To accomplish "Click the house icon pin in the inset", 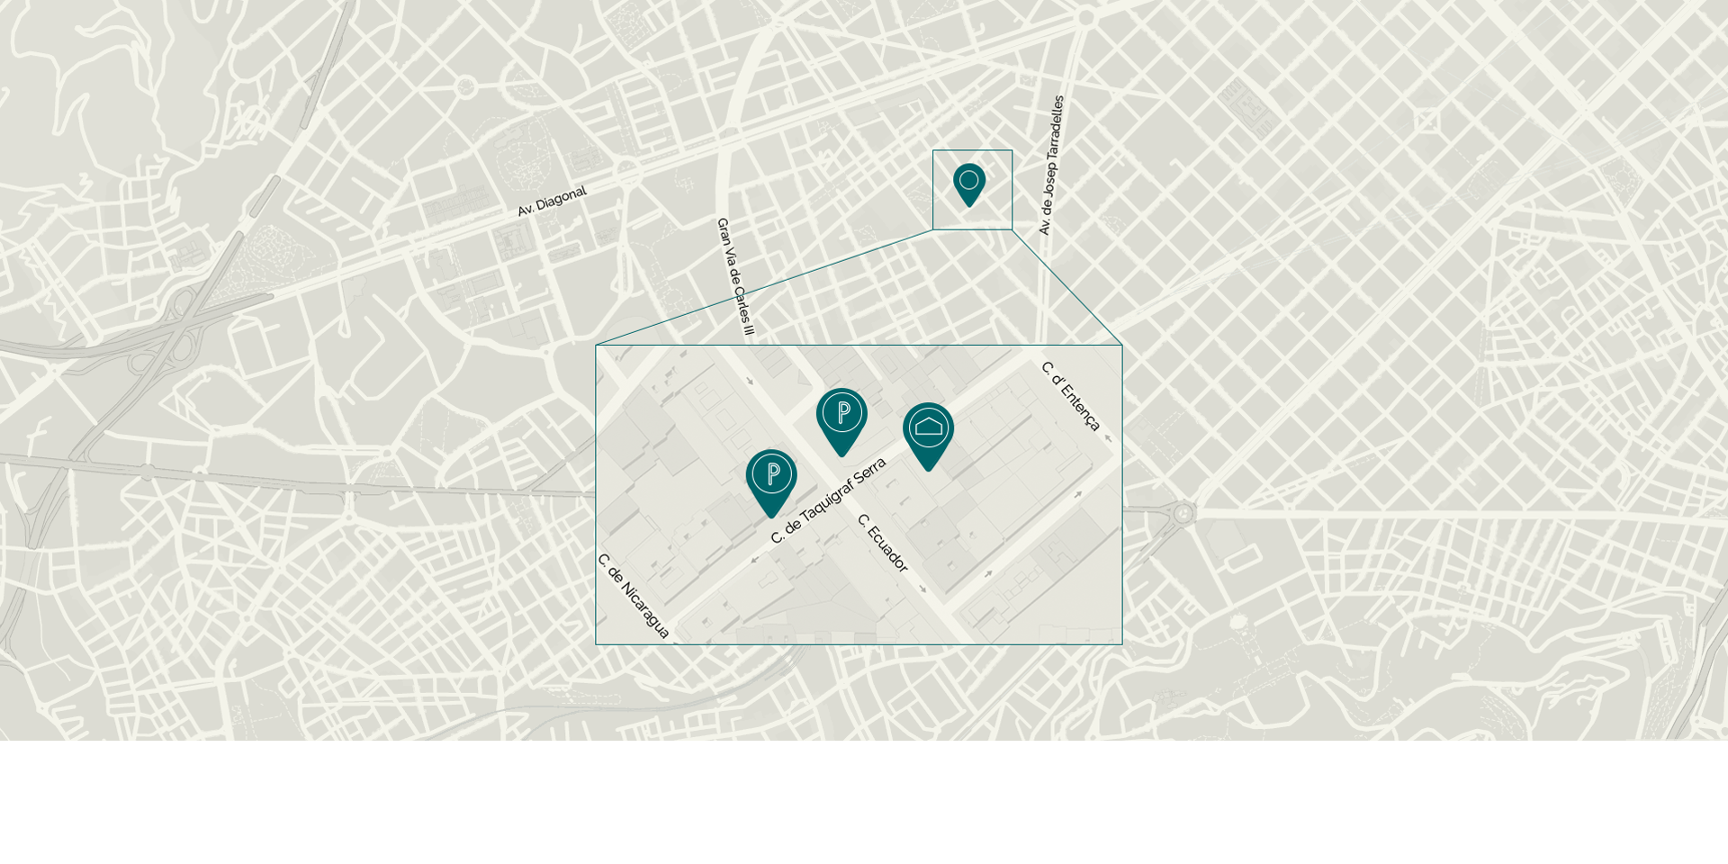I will click(x=928, y=428).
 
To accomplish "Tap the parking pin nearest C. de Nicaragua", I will click(x=771, y=475).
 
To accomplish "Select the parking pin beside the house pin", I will click(x=841, y=414).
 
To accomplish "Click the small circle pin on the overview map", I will click(x=969, y=182).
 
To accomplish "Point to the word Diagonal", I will click(x=562, y=198).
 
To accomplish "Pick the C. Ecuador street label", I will click(x=883, y=543).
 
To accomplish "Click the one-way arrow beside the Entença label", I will click(x=1108, y=439).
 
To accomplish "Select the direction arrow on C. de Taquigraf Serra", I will click(x=754, y=560).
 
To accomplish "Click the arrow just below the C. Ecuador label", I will click(x=922, y=589).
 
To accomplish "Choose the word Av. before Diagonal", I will click(x=526, y=211).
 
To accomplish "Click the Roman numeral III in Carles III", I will click(x=746, y=325).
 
